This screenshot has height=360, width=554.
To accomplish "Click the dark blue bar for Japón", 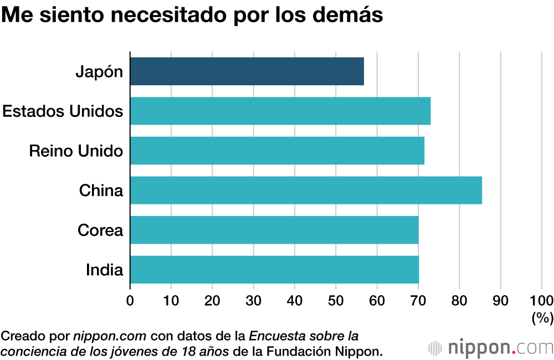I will pos(247,71).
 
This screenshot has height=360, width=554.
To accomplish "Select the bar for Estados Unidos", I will pos(280,111).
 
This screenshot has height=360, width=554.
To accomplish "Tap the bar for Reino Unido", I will pos(277,151).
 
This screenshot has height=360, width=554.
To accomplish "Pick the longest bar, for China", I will pos(306,191).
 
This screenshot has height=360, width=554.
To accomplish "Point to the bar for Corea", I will pos(274,230).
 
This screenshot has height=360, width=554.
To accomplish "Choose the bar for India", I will pos(274,270).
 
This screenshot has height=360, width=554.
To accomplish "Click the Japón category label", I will pos(99,72).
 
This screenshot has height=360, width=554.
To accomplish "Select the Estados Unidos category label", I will pos(63,111).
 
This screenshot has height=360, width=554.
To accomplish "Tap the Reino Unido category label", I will pos(76,151).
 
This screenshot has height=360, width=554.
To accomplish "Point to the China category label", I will pos(101,191).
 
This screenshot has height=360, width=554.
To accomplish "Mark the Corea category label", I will pos(100,230).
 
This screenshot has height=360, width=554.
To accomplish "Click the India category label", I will pos(104,270).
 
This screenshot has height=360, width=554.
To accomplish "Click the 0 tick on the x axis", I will pos(130,301).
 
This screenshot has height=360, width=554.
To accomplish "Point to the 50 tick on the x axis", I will pos(336,301).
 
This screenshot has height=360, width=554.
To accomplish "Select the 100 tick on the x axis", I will pos(541,301).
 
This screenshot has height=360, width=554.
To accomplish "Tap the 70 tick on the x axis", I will pos(418,301).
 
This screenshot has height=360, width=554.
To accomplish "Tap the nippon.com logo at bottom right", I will pos(491,348).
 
